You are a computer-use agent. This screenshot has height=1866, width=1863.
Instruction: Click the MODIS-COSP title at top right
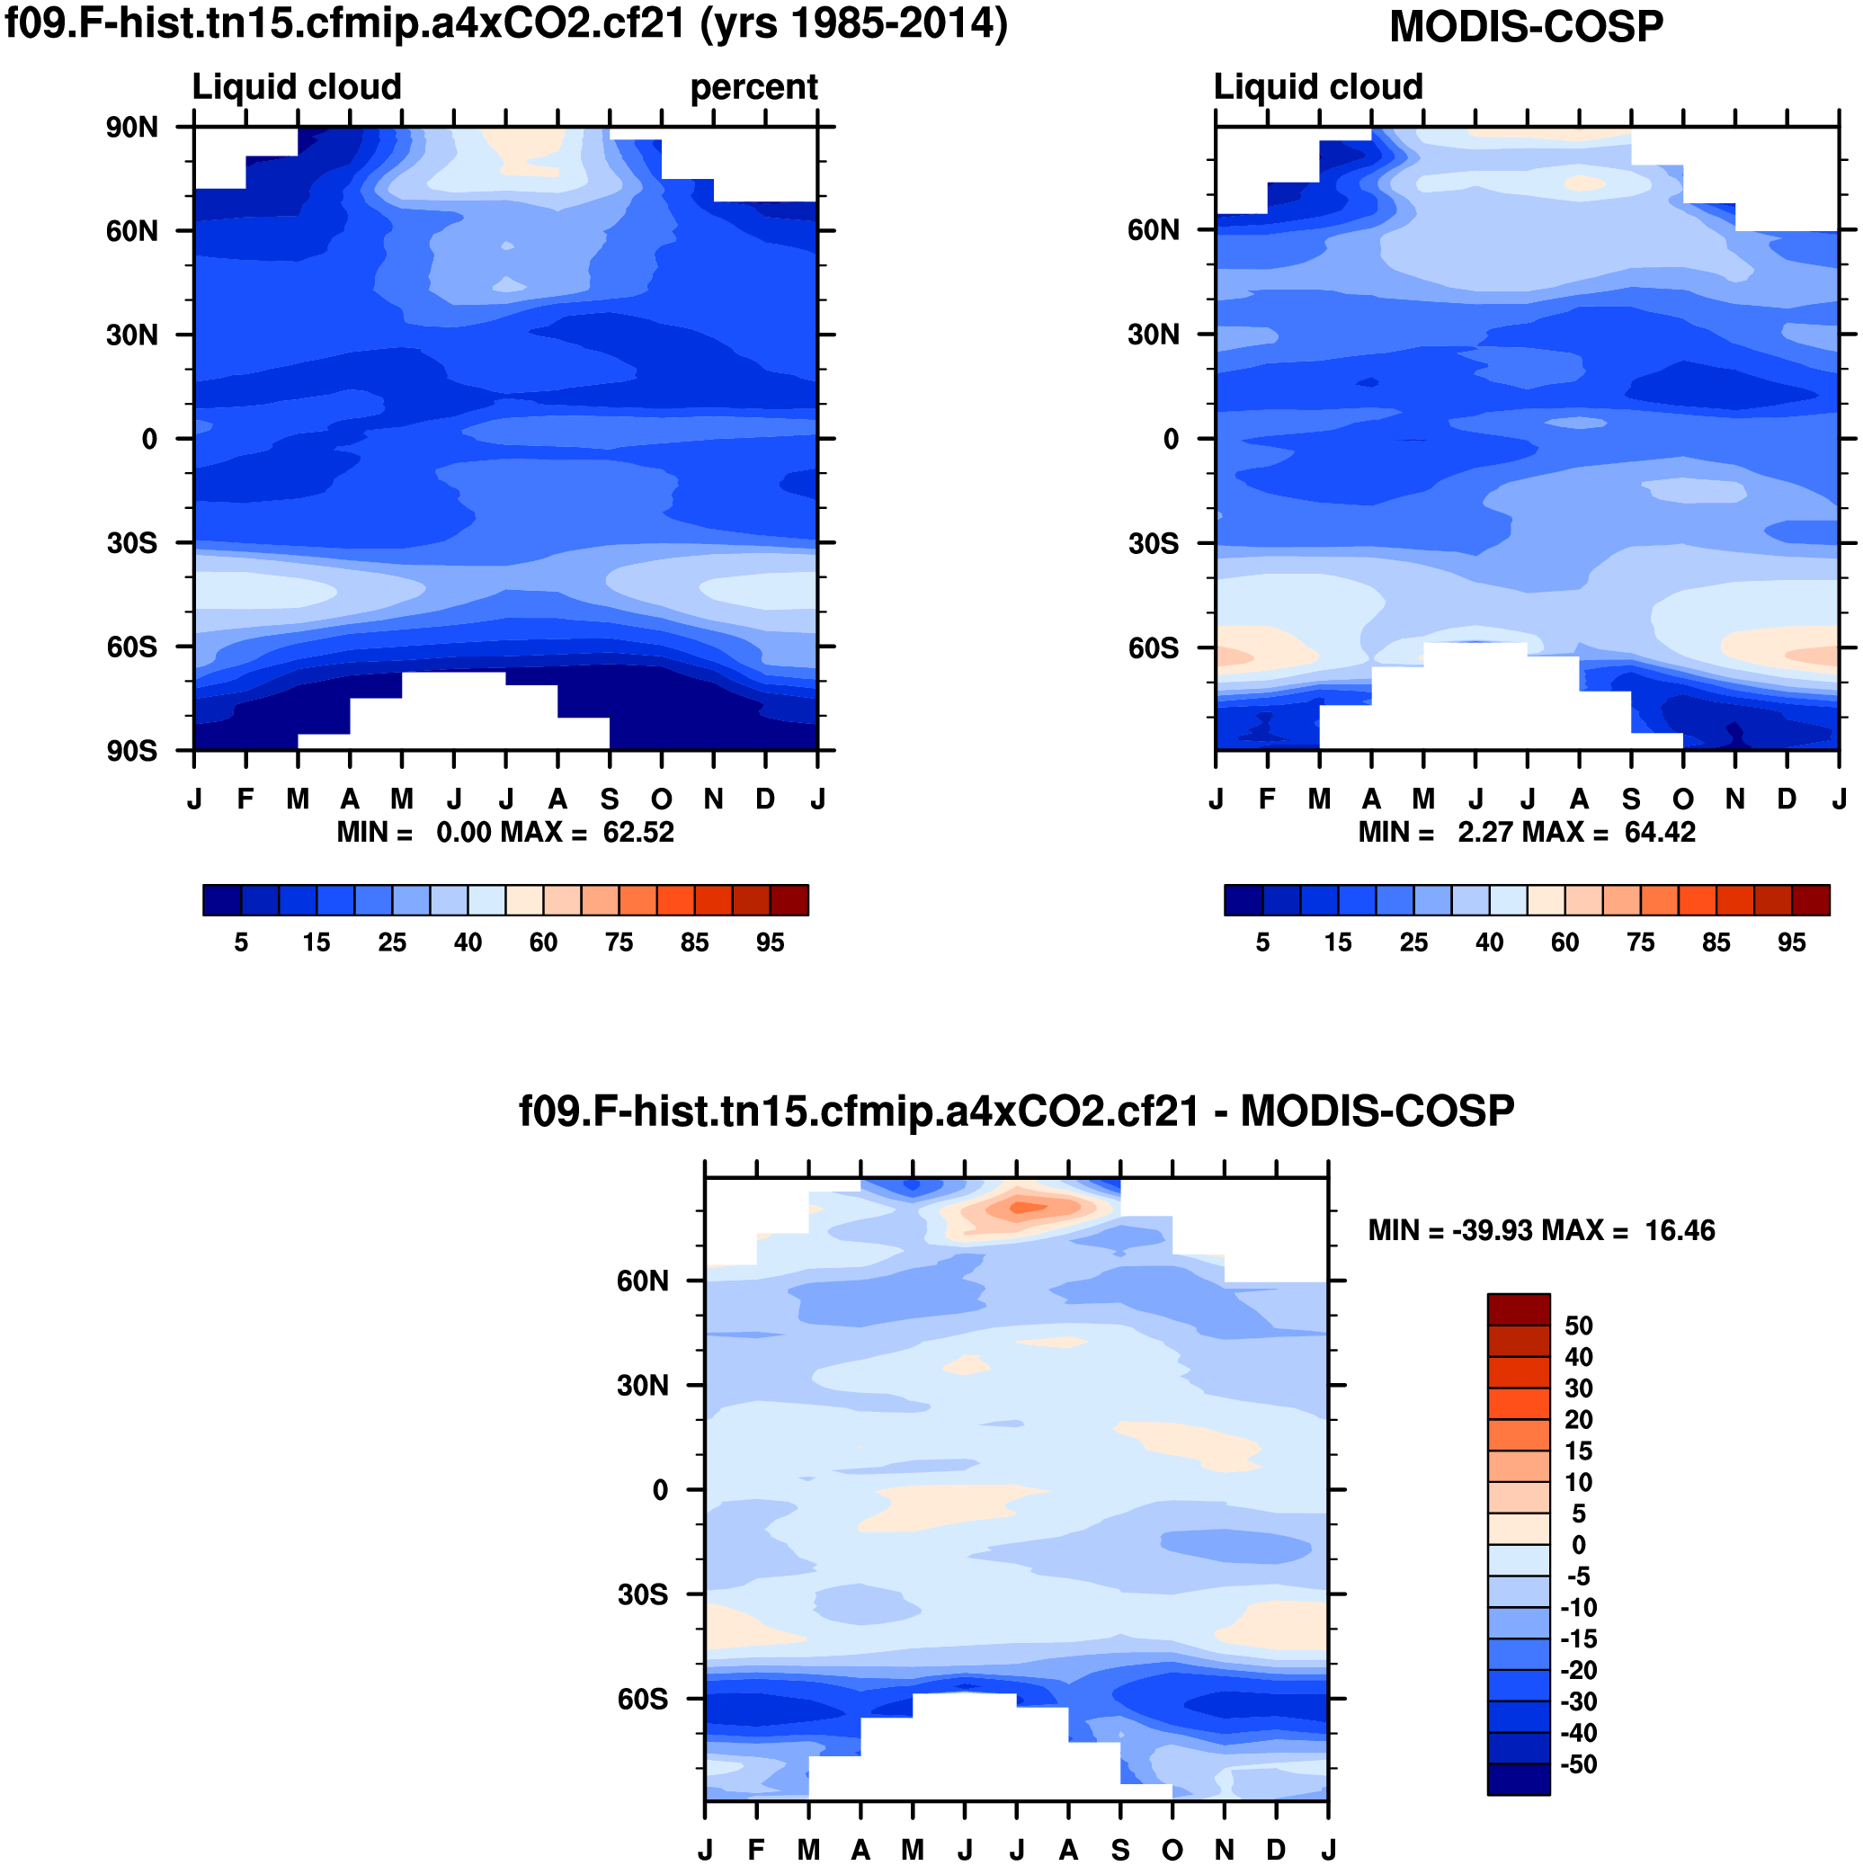click(x=1525, y=27)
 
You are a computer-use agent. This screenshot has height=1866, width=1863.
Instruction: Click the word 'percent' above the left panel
click(x=753, y=87)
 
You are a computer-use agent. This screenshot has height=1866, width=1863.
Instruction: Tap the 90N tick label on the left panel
click(x=132, y=128)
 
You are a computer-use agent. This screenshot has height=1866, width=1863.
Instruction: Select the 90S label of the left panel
click(x=132, y=752)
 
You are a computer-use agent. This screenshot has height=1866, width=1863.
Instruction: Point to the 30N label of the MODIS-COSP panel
click(x=1154, y=335)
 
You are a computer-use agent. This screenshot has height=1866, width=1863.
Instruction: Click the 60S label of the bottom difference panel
click(x=642, y=1699)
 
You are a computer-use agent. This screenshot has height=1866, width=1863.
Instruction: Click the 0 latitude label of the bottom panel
click(x=661, y=1490)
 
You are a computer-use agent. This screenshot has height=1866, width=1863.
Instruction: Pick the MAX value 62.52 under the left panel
click(x=638, y=833)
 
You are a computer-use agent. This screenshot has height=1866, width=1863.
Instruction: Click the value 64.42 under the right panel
click(x=1659, y=833)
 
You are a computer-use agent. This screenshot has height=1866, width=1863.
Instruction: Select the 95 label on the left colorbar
click(x=770, y=942)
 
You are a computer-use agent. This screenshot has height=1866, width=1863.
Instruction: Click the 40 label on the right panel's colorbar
click(x=1488, y=942)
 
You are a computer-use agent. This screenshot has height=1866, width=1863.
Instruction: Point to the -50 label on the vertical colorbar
click(x=1578, y=1764)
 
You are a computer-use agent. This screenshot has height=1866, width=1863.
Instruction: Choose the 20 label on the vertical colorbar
click(x=1578, y=1420)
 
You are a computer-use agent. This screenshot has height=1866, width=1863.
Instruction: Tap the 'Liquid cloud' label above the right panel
click(x=1317, y=87)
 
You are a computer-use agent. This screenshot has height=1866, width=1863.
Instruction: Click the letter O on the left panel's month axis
click(x=661, y=799)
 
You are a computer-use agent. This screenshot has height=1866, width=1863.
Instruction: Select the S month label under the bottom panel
click(x=1119, y=1850)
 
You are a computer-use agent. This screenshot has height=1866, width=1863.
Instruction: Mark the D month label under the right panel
click(x=1786, y=799)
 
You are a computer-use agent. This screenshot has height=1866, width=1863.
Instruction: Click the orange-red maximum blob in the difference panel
click(x=1026, y=1206)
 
